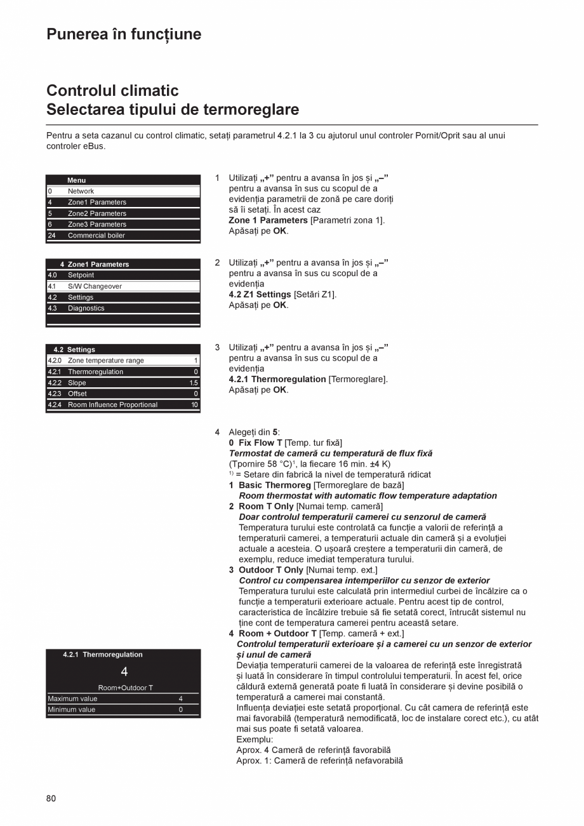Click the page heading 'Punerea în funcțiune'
click(124, 34)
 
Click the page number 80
click(51, 799)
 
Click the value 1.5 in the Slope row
click(194, 383)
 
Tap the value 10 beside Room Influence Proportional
click(194, 405)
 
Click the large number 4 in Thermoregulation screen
click(124, 672)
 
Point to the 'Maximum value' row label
click(73, 699)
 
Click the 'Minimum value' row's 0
click(180, 710)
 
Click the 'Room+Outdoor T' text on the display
click(125, 688)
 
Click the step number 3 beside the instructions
click(217, 347)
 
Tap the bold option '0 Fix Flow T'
click(256, 443)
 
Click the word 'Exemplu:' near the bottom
click(255, 740)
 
